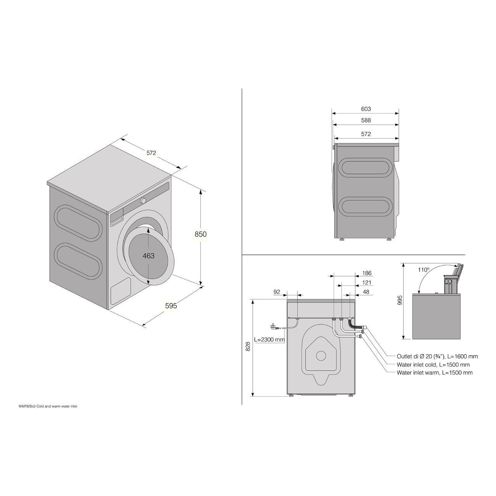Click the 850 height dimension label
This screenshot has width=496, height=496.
tap(201, 234)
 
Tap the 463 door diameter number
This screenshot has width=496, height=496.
tap(148, 256)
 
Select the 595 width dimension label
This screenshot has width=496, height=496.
tap(171, 306)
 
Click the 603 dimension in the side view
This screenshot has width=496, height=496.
tap(366, 109)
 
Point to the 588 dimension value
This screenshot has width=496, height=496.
tap(366, 120)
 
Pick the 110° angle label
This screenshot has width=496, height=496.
tap(424, 270)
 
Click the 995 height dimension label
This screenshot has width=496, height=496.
tap(400, 300)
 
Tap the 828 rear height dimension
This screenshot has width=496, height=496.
tap(248, 346)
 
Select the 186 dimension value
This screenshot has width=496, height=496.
tap(367, 273)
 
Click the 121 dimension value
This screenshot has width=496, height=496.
tap(367, 282)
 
